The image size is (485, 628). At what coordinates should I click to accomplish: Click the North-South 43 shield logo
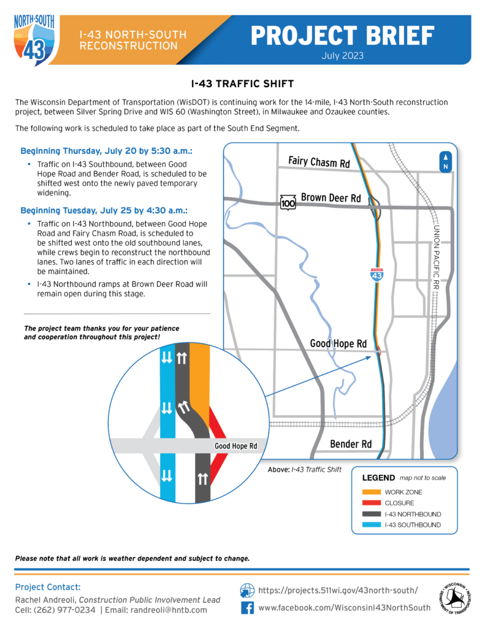[34, 37]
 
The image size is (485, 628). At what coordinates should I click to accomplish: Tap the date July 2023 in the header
[342, 55]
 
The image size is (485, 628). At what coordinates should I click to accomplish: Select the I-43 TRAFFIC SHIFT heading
[242, 83]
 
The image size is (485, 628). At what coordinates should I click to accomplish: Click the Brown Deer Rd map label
[330, 198]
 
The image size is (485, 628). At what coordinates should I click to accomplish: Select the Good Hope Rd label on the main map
[338, 344]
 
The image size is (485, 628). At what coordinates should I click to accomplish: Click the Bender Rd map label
[351, 443]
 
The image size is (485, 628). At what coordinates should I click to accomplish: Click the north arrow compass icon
[446, 161]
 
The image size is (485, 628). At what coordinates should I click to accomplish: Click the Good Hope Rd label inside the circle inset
[235, 446]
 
